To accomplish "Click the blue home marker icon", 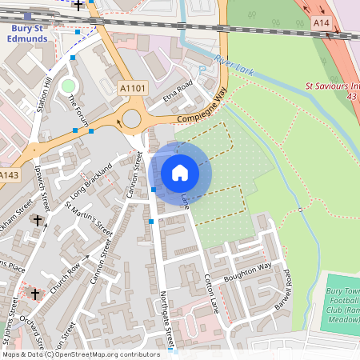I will [180, 173].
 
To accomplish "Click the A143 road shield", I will [10, 175].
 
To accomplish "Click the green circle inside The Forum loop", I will [67, 86].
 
